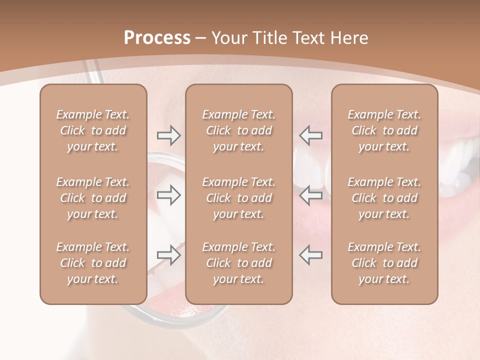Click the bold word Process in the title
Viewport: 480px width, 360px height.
pyautogui.click(x=157, y=38)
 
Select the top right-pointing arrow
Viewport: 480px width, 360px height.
pyautogui.click(x=169, y=135)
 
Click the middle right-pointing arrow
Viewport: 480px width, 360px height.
pyautogui.click(x=169, y=195)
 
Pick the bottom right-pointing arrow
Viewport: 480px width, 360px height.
pyautogui.click(x=169, y=255)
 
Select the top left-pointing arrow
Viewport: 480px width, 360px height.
pyautogui.click(x=310, y=135)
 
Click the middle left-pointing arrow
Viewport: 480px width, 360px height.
pyautogui.click(x=310, y=195)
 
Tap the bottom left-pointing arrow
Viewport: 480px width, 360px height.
pyautogui.click(x=310, y=255)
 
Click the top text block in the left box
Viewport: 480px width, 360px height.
pyautogui.click(x=93, y=130)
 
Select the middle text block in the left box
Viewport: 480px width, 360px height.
pyautogui.click(x=93, y=198)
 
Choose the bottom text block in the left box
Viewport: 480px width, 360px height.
pyautogui.click(x=93, y=263)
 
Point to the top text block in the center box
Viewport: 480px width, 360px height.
pyautogui.click(x=238, y=130)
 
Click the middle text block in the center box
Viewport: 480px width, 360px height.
pyautogui.click(x=238, y=198)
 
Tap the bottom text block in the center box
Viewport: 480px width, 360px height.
pyautogui.click(x=238, y=263)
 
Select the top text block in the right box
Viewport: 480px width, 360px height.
pyautogui.click(x=384, y=130)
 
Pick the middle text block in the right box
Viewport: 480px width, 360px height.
pyautogui.click(x=384, y=198)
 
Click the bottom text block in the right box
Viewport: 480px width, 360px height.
pyautogui.click(x=384, y=263)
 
